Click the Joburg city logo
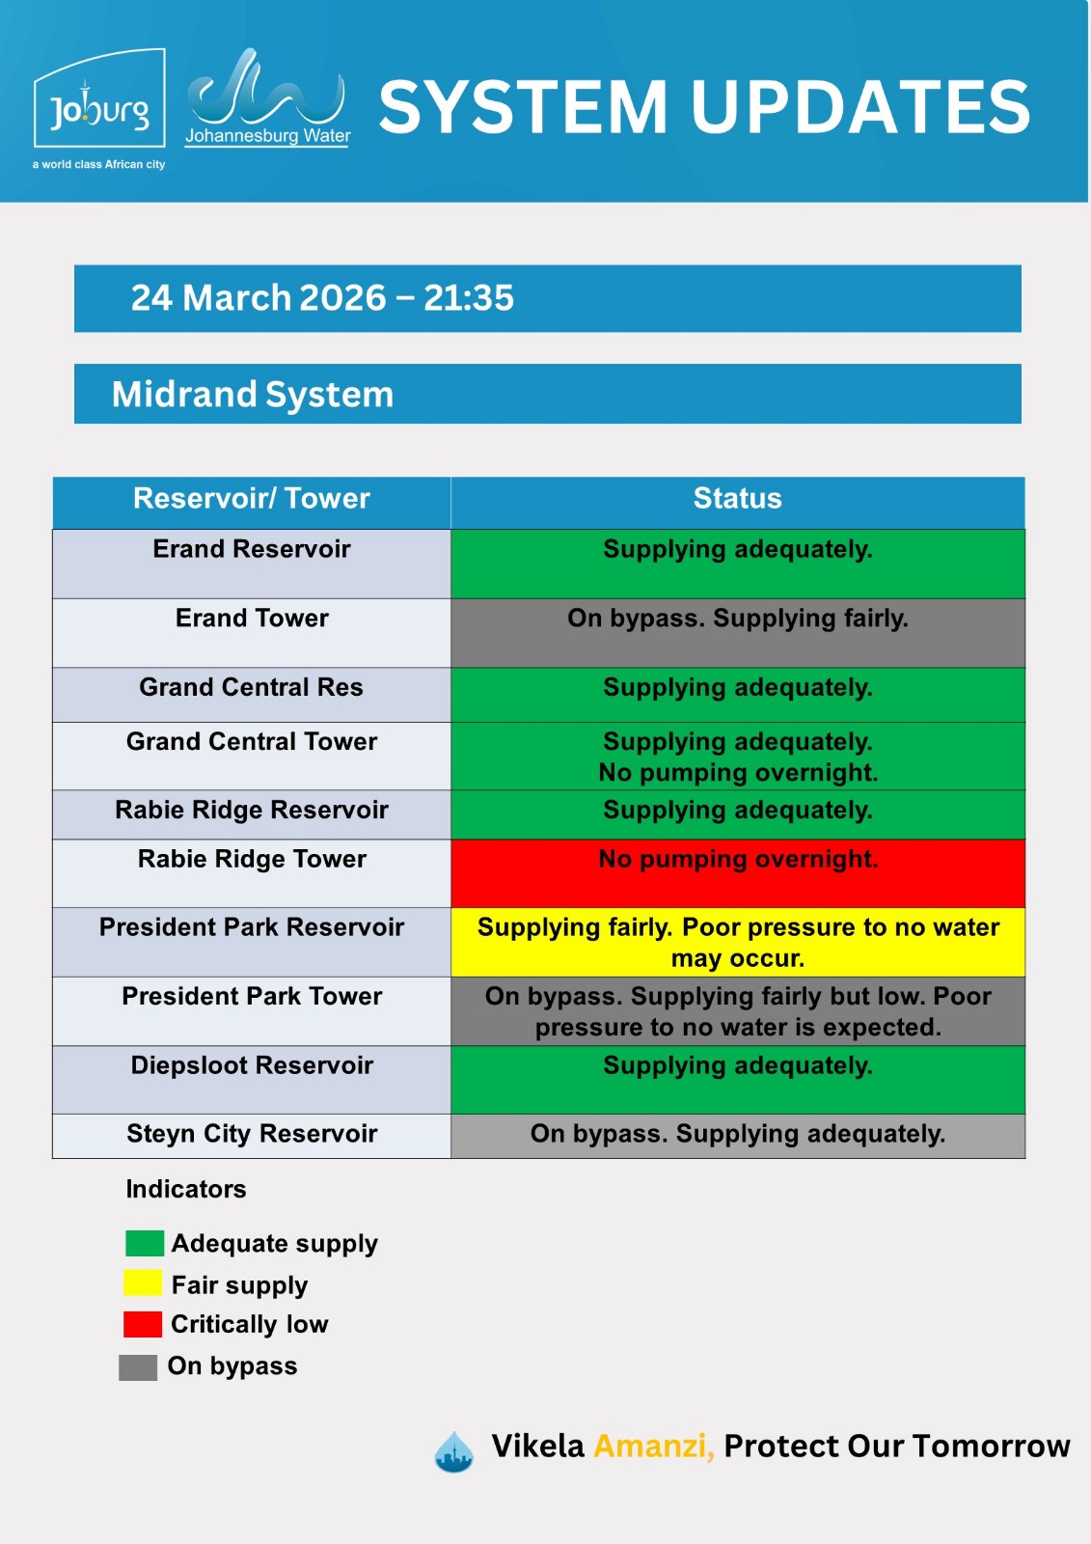tap(99, 98)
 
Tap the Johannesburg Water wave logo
tap(266, 97)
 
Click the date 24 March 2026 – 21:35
tap(322, 298)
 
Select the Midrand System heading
tap(252, 395)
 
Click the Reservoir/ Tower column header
tap(252, 498)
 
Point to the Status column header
tap(737, 498)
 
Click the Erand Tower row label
tap(252, 619)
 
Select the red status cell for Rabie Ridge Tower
tap(737, 873)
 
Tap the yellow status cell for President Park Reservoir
tap(737, 942)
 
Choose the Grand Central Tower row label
tap(252, 742)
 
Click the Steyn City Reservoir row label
tap(252, 1134)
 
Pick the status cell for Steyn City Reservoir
tap(737, 1136)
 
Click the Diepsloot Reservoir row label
tap(252, 1065)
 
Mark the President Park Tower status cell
tap(737, 1011)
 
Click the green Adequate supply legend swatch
tap(145, 1244)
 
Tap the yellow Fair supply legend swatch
tap(143, 1283)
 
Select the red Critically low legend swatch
tap(143, 1324)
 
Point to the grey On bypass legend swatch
tap(138, 1367)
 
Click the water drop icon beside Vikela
tap(454, 1451)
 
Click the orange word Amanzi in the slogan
tap(653, 1447)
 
